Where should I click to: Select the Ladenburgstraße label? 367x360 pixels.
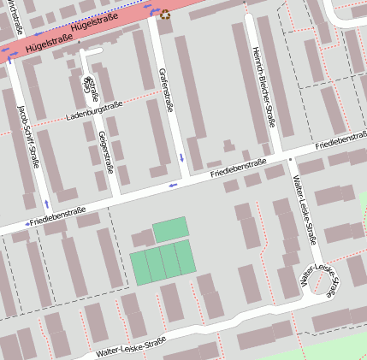(95, 109)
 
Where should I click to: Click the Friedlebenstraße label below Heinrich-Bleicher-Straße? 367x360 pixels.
(239, 168)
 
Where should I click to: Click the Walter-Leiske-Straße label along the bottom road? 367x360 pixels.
(131, 346)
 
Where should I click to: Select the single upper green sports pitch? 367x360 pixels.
(170, 229)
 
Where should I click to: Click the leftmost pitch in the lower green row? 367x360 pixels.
(139, 267)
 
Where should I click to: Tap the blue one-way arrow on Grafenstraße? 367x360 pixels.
(181, 158)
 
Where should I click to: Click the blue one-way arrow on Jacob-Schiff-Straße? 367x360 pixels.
(46, 204)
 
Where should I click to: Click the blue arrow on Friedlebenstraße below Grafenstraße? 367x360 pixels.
(173, 184)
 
